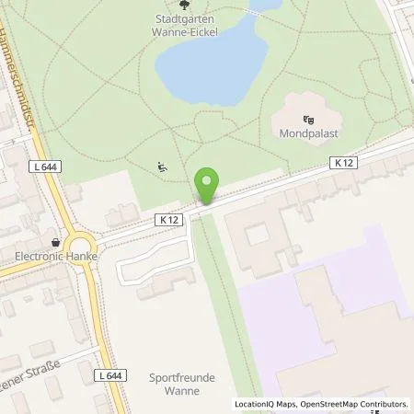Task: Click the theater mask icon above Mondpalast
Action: pos(308,118)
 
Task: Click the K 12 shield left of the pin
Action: pos(168,220)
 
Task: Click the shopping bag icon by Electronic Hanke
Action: pos(56,243)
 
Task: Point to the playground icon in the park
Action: pos(162,167)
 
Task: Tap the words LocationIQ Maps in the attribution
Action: pos(267,404)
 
